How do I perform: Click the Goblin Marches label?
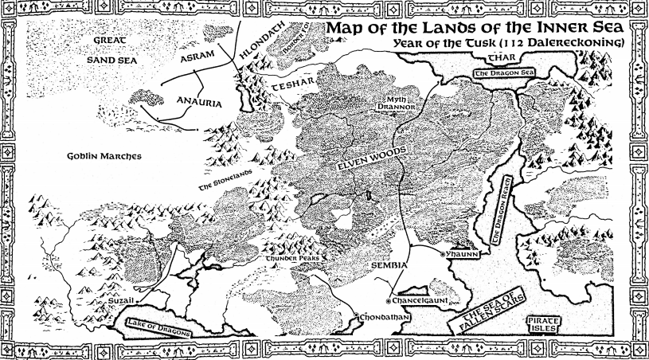[105, 157]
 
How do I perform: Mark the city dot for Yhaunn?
[444, 253]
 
